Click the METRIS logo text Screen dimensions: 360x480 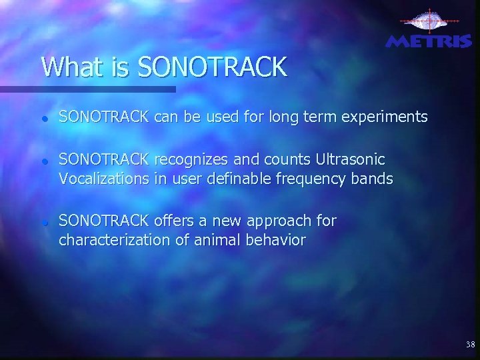(x=429, y=41)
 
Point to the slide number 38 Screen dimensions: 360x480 (x=470, y=345)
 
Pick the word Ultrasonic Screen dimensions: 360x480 (x=353, y=161)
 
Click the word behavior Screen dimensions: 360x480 (x=276, y=240)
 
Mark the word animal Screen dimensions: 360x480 (x=219, y=240)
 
